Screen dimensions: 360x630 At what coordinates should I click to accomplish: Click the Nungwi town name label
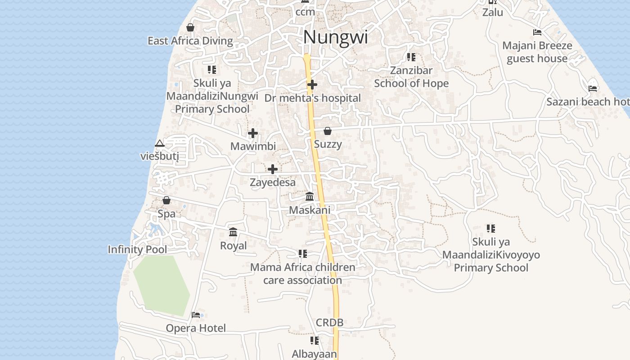tap(335, 37)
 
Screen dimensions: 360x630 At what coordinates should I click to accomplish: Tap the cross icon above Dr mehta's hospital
tap(312, 84)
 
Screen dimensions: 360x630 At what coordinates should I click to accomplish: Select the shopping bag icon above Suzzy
tap(328, 131)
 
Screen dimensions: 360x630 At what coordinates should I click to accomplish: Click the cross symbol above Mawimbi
tap(253, 133)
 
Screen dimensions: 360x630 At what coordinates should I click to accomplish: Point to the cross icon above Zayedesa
tap(273, 169)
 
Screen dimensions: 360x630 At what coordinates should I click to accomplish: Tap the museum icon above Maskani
tap(310, 197)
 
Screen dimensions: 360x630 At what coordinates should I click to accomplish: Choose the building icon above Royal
tap(233, 232)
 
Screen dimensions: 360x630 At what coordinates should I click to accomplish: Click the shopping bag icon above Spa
tap(166, 200)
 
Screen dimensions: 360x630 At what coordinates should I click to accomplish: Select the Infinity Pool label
tap(137, 249)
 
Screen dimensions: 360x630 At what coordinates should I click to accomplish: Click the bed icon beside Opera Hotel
tap(196, 315)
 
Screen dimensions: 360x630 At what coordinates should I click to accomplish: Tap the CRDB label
tap(329, 322)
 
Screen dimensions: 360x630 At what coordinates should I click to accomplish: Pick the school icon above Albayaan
tap(315, 341)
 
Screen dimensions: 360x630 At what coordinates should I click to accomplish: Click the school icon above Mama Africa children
tap(303, 254)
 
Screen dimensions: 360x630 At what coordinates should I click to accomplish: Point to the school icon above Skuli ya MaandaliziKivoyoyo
tap(491, 229)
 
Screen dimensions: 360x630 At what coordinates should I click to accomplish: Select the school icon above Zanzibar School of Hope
tap(411, 57)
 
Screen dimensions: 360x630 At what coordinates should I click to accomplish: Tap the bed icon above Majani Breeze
tap(537, 32)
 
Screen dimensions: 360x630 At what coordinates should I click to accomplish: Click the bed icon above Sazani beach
tap(593, 88)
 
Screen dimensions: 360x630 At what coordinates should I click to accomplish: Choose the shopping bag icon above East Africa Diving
tap(190, 27)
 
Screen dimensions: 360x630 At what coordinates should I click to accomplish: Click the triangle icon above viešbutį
tap(159, 144)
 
